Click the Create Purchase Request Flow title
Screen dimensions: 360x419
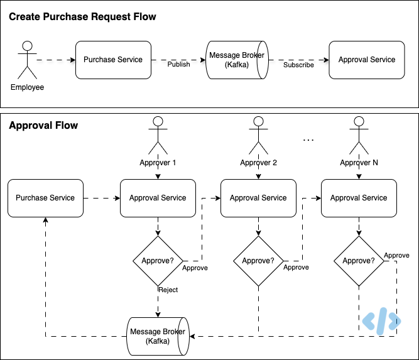coord(82,17)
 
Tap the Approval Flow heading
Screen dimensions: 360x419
coord(43,126)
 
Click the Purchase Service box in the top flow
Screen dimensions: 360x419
coord(113,60)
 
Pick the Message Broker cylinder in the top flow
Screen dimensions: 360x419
coord(236,60)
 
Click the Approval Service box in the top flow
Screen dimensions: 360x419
coord(367,60)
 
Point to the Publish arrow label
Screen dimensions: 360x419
coord(179,65)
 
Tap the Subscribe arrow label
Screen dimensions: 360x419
coord(298,65)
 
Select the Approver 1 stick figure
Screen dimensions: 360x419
coord(158,136)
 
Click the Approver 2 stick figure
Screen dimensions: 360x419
coord(258,136)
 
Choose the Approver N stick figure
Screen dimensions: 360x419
coord(359,136)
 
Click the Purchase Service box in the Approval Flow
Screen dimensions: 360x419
coord(45,198)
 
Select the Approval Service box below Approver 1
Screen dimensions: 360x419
coord(158,198)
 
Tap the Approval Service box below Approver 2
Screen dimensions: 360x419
coord(258,198)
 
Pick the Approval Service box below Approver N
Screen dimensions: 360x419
coord(359,198)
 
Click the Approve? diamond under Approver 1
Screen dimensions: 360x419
coord(158,261)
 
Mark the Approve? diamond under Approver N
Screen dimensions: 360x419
coord(359,261)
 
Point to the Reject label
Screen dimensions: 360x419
coord(168,290)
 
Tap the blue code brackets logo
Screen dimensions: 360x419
coord(379,321)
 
